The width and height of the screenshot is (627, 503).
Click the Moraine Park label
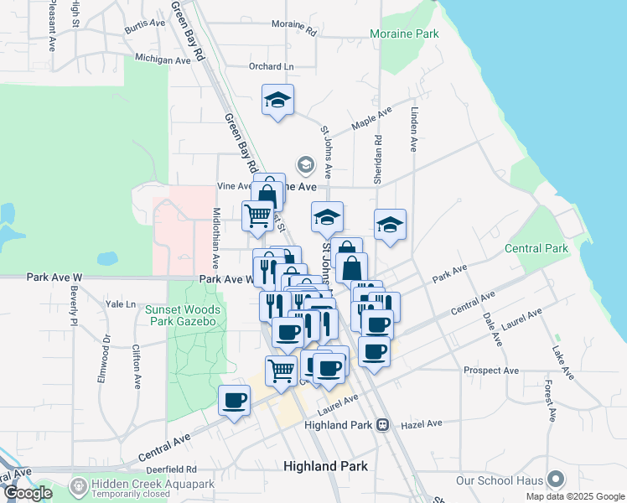tap(405, 35)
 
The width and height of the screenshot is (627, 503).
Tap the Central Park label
tap(536, 248)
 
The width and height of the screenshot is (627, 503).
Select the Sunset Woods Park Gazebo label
tap(183, 315)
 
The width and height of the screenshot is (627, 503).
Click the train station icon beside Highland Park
tap(382, 425)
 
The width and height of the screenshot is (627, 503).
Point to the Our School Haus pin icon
tap(555, 480)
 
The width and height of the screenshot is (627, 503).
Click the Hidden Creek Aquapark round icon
tap(79, 485)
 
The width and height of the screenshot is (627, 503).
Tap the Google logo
tap(28, 494)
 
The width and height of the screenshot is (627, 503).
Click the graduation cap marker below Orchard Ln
tap(277, 101)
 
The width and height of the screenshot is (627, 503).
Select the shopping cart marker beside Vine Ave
tap(257, 215)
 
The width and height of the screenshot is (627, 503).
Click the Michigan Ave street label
tap(163, 60)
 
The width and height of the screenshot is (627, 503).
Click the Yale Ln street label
tap(120, 304)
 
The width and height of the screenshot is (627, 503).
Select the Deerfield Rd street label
tap(174, 469)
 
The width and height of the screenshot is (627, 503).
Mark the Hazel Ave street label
tap(421, 424)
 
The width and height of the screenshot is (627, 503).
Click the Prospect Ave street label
tap(491, 370)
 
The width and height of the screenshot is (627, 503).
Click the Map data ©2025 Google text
tap(575, 496)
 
